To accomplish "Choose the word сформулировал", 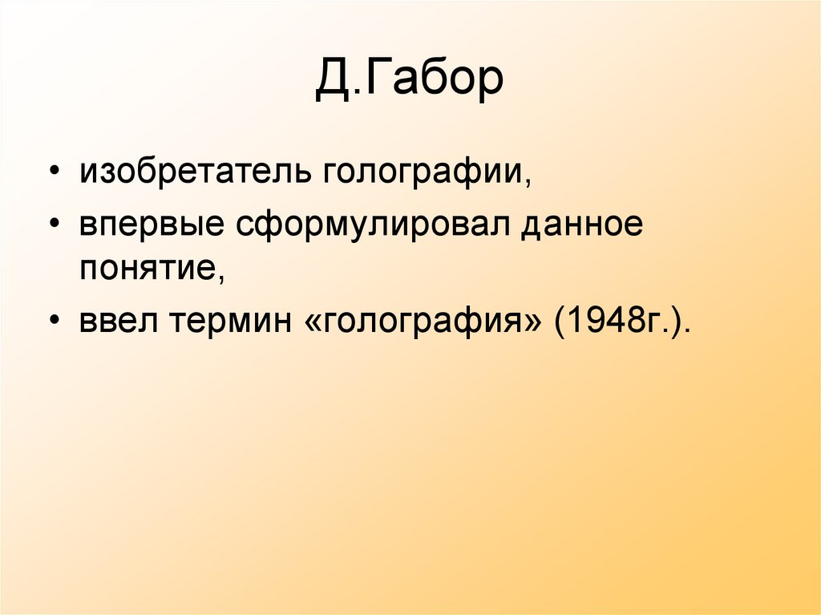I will (374, 227).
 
